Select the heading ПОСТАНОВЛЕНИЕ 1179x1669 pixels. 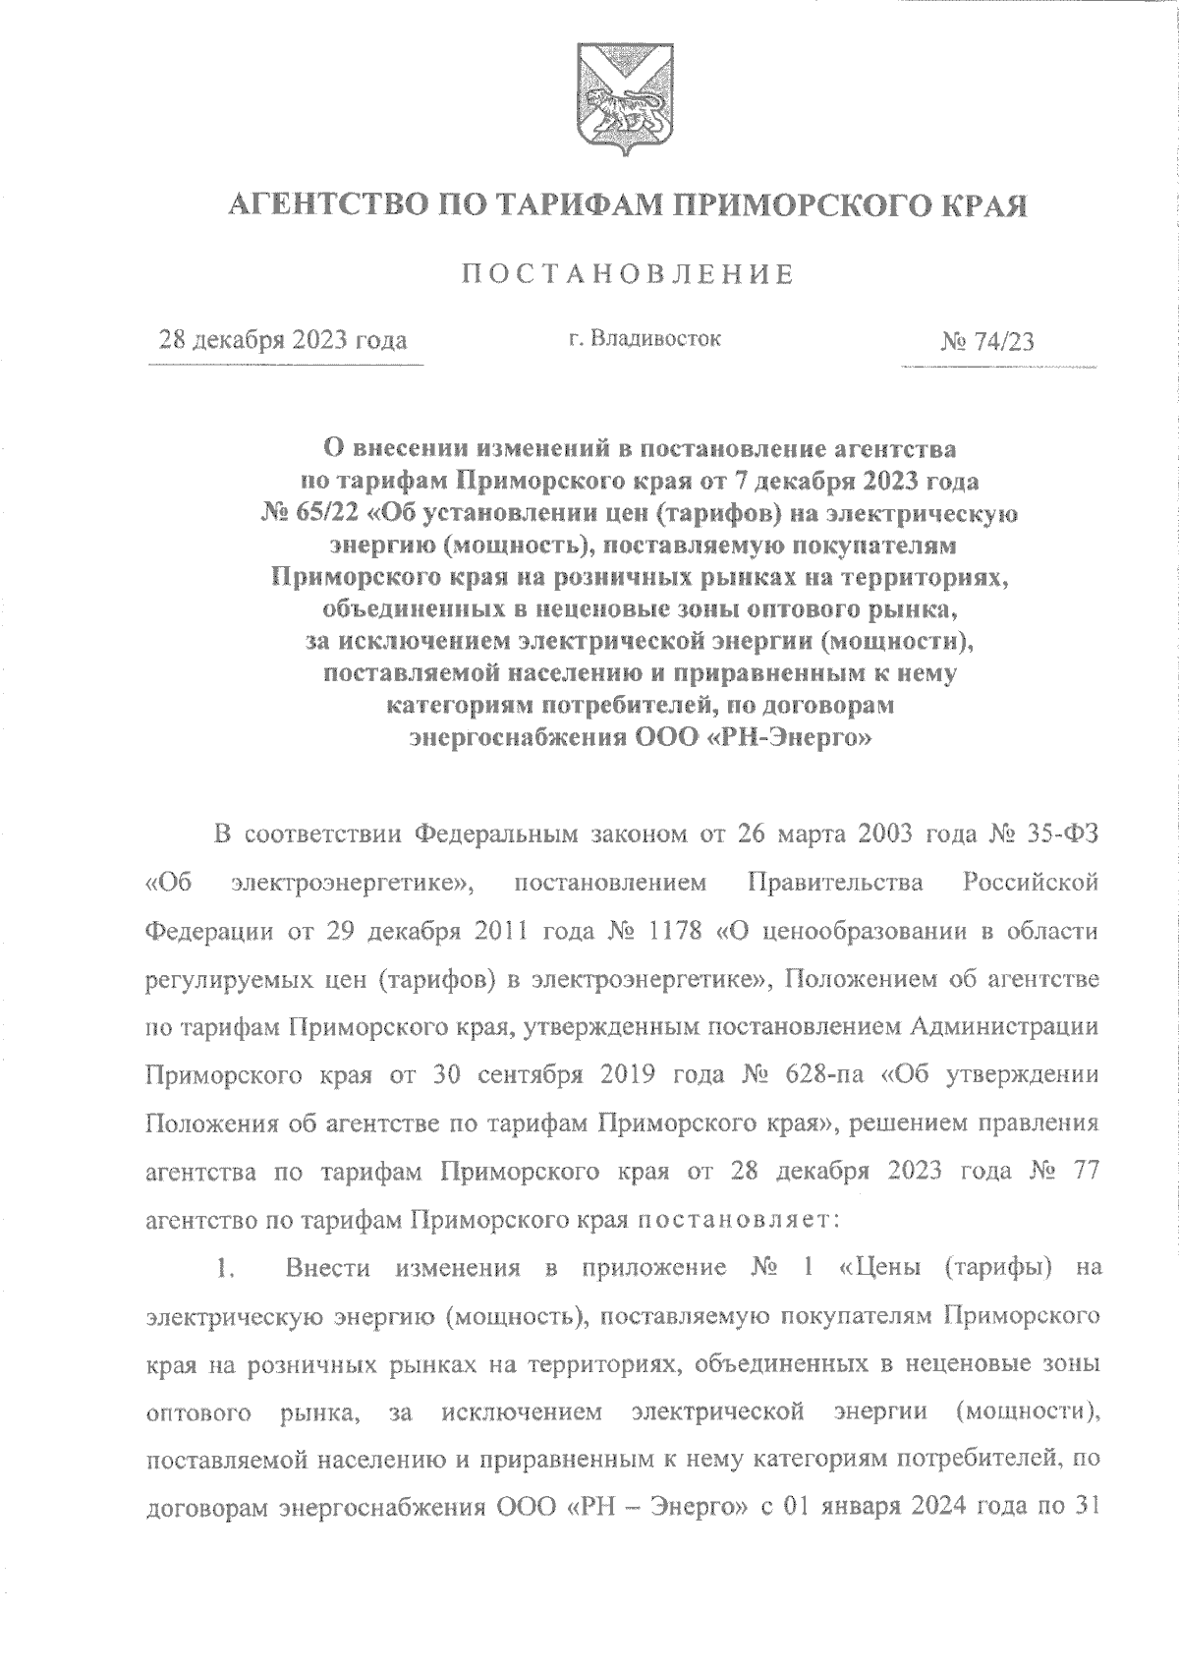pos(629,274)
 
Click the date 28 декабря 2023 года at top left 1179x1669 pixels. pos(284,341)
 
